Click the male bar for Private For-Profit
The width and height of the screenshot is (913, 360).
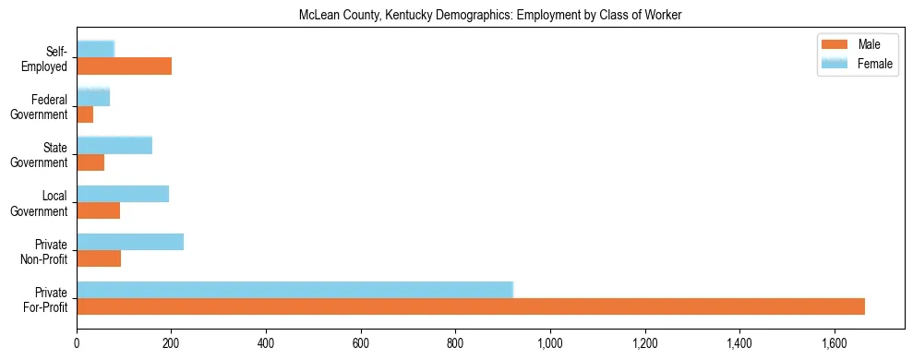[471, 306]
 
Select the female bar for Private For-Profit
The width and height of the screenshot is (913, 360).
[294, 290]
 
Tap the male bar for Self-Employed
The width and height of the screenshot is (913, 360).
[124, 66]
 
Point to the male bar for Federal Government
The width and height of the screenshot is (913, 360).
[85, 114]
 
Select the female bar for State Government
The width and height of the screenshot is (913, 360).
[114, 146]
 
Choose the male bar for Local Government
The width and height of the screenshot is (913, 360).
[98, 210]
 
